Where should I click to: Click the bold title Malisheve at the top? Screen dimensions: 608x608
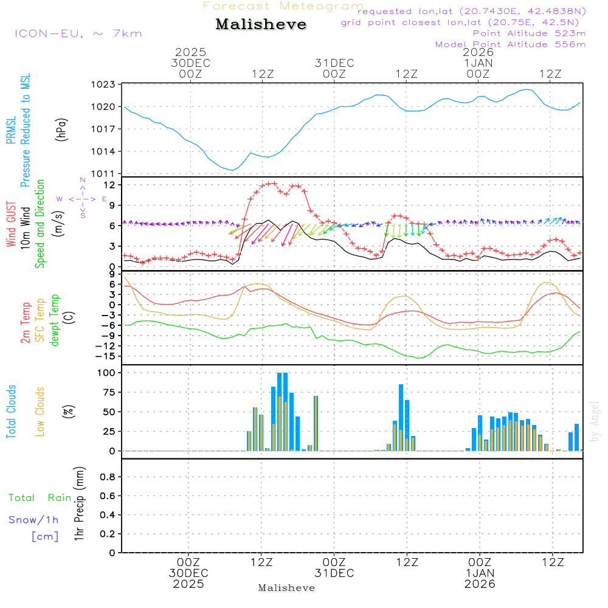[x=261, y=25]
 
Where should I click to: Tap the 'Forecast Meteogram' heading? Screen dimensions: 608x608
[x=283, y=6]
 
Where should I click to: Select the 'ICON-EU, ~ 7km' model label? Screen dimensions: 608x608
[x=78, y=33]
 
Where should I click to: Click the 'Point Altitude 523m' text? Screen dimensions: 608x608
[x=529, y=33]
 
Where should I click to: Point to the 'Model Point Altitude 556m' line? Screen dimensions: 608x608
[x=511, y=44]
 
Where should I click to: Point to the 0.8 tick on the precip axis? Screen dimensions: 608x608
[x=107, y=477]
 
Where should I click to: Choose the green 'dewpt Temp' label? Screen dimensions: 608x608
[x=55, y=320]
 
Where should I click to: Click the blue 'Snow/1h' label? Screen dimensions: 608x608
[x=34, y=520]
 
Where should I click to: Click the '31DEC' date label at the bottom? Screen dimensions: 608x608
[x=334, y=573]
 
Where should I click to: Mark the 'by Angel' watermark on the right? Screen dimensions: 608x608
[x=595, y=421]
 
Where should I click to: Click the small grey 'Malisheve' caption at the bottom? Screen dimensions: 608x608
[x=286, y=588]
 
